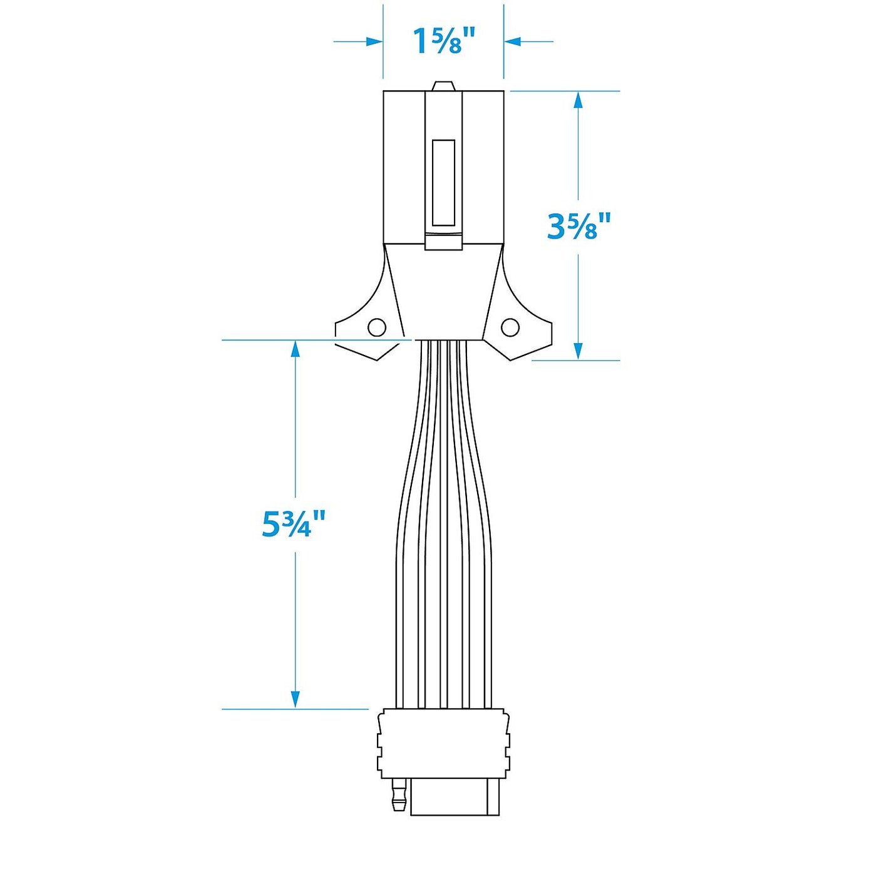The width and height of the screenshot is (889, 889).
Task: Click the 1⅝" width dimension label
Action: click(x=444, y=42)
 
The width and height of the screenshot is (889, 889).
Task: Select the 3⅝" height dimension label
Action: click(x=578, y=226)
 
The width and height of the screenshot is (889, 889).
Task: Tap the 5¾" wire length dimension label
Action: click(x=294, y=524)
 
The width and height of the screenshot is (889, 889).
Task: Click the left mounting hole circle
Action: click(x=377, y=327)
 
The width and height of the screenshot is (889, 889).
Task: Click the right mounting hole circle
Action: click(x=510, y=327)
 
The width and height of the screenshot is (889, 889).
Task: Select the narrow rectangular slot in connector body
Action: click(x=443, y=182)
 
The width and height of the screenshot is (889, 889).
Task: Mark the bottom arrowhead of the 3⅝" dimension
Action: click(x=578, y=351)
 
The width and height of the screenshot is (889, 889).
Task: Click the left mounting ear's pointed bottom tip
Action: click(x=377, y=359)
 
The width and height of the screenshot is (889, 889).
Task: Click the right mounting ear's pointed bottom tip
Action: click(x=511, y=359)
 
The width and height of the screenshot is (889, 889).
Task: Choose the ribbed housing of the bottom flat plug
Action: click(x=443, y=744)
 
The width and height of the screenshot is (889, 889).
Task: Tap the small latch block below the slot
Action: click(x=443, y=241)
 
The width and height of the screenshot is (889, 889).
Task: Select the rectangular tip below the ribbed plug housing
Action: click(x=455, y=797)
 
